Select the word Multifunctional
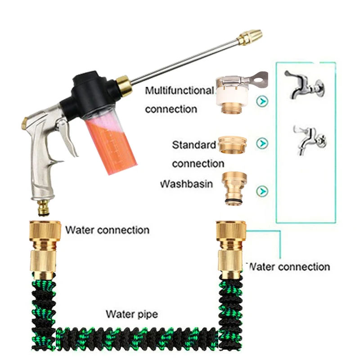(179, 91)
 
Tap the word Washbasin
(186, 184)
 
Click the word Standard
(194, 145)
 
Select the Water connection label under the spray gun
(107, 230)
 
